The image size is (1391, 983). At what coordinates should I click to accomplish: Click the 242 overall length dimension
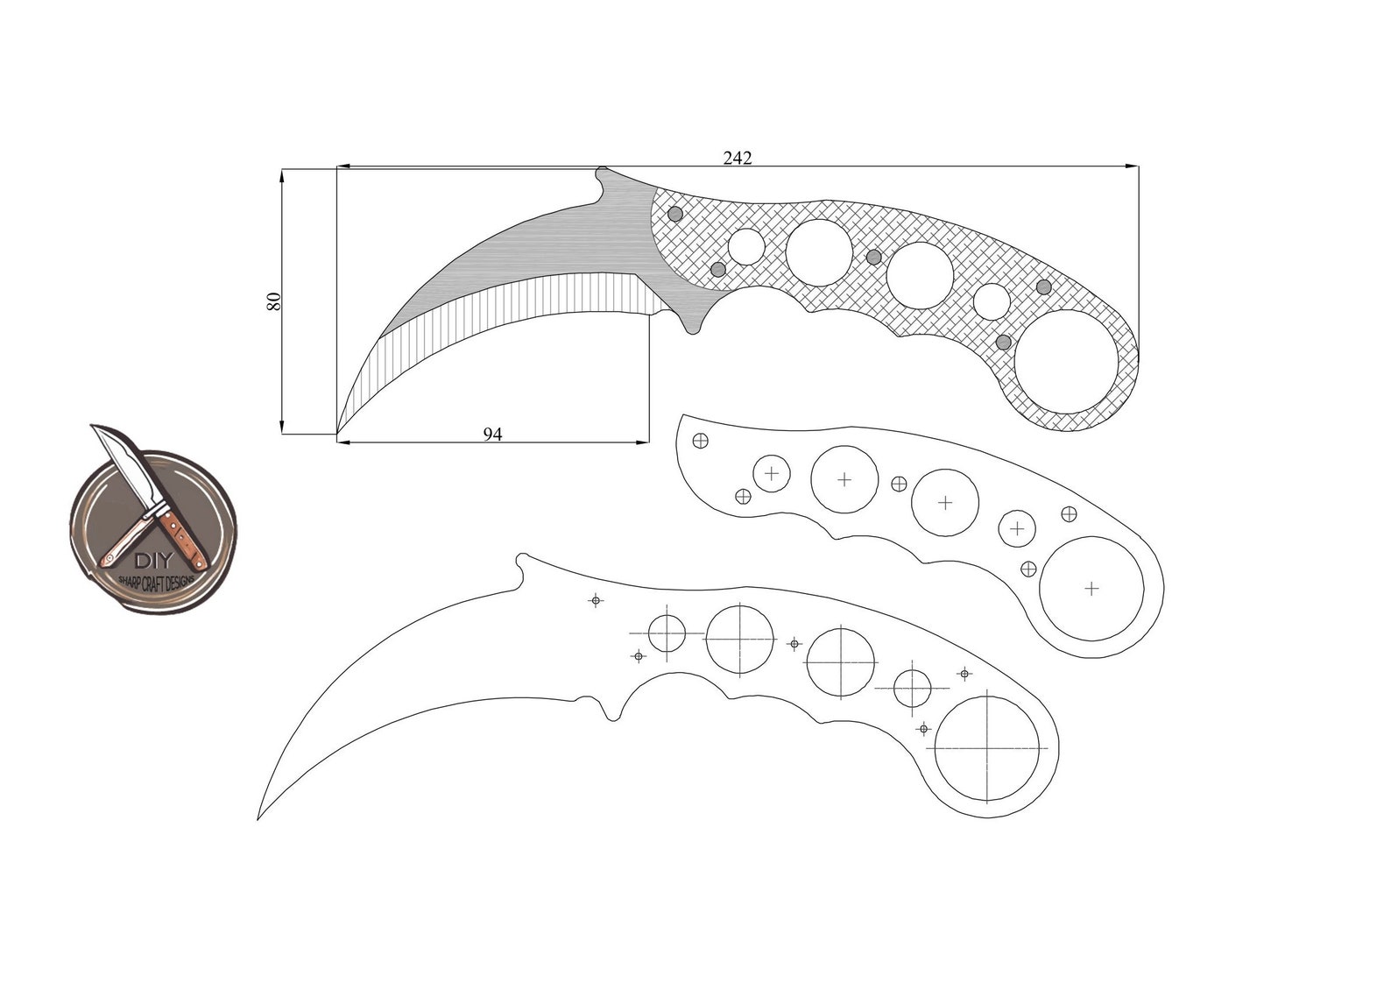click(x=737, y=158)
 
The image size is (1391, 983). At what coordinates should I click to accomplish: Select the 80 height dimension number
click(x=273, y=301)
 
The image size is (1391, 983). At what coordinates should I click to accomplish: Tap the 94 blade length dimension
click(x=493, y=434)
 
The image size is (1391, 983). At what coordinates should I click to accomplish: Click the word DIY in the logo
click(x=155, y=562)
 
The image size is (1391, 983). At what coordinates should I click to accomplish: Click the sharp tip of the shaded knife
click(x=338, y=432)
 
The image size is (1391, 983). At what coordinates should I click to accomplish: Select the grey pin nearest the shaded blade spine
click(x=674, y=214)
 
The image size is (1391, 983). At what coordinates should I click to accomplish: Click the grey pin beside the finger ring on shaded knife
click(x=1004, y=342)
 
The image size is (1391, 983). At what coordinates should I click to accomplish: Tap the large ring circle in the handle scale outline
click(x=1091, y=588)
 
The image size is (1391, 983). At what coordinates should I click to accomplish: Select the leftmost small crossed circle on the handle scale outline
click(x=700, y=440)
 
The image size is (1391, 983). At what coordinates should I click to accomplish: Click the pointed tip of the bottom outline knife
click(x=258, y=818)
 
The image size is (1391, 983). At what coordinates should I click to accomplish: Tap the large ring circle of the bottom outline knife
click(x=987, y=749)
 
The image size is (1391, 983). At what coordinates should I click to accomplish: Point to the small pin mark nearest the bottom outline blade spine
click(x=596, y=600)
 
